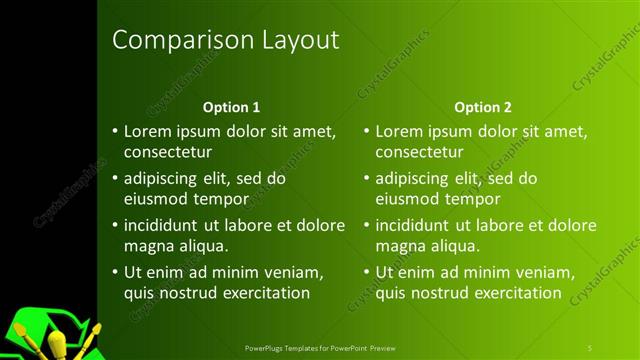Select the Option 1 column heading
[x=231, y=106]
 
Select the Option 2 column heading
[x=482, y=106]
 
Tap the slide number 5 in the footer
[x=590, y=347]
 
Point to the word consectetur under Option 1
[x=167, y=153]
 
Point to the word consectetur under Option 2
[x=419, y=153]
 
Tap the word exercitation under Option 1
[x=255, y=293]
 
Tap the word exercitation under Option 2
[x=507, y=293]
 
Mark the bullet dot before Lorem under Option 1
[x=115, y=131]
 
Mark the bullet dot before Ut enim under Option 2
[x=367, y=272]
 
